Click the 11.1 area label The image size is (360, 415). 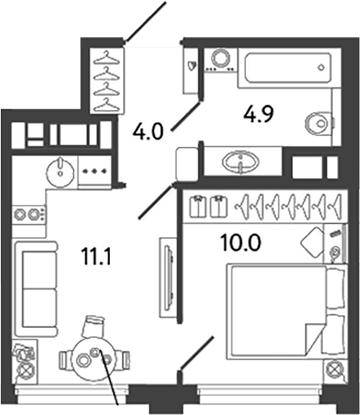[96, 258]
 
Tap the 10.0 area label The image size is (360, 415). [241, 243]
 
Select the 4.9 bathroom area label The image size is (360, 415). [258, 114]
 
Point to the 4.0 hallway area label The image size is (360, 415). [148, 130]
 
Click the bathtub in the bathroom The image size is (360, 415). [289, 68]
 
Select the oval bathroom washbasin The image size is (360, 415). [241, 162]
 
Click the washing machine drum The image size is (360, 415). [221, 57]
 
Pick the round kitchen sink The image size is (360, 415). [61, 172]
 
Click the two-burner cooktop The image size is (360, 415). [29, 214]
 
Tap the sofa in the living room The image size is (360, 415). [36, 289]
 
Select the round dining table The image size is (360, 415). [94, 358]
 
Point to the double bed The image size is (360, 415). [285, 310]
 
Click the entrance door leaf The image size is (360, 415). [146, 21]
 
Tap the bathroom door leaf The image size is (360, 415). [185, 116]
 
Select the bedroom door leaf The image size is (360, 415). [196, 353]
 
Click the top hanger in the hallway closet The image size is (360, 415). [107, 58]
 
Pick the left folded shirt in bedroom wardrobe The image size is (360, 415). [198, 207]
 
